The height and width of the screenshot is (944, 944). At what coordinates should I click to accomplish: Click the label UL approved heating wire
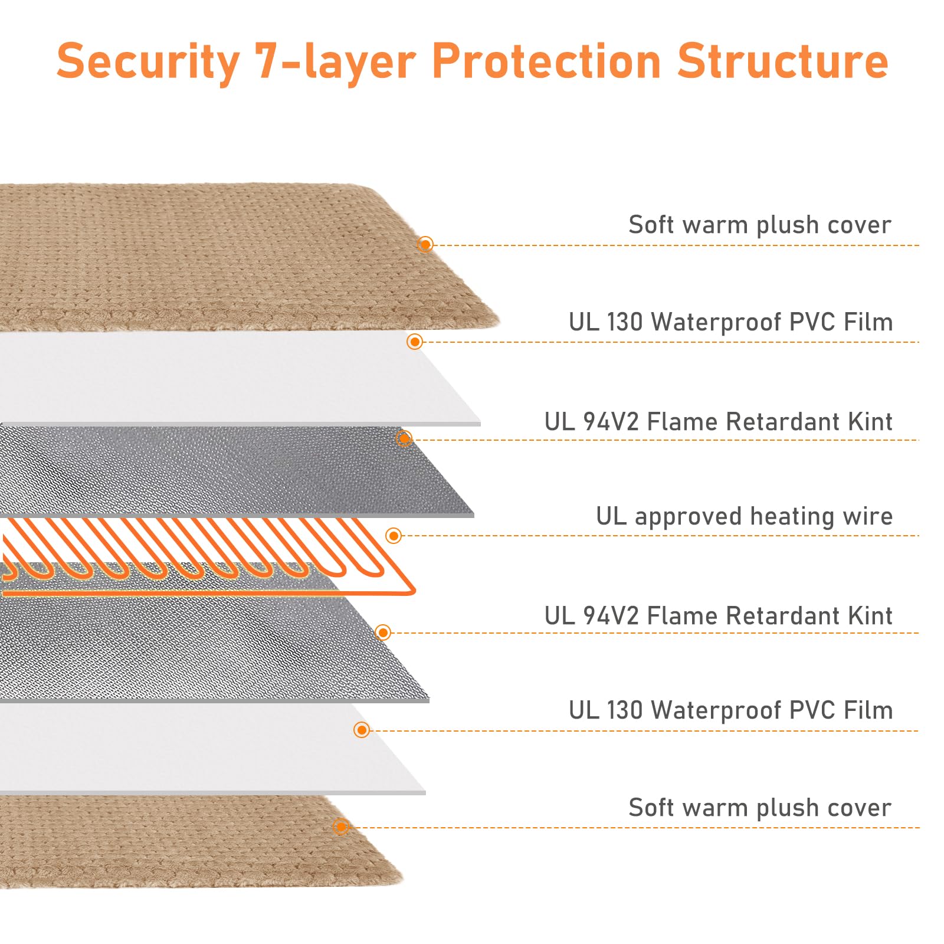click(744, 516)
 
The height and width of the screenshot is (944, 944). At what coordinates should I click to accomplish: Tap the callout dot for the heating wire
click(394, 536)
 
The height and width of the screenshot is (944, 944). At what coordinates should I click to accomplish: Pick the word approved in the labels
click(688, 517)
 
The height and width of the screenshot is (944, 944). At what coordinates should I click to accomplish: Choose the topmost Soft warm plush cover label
click(760, 225)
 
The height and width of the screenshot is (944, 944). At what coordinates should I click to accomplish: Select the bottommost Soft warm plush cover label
click(760, 808)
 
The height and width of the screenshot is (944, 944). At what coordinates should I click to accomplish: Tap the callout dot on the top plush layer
click(425, 244)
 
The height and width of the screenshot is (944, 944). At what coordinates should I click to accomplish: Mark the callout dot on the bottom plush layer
click(340, 827)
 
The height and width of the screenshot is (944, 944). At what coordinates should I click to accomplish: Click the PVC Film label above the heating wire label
click(731, 322)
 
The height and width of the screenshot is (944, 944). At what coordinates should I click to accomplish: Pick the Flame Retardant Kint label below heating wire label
click(718, 615)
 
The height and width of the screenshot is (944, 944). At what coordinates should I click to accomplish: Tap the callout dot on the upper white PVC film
click(415, 342)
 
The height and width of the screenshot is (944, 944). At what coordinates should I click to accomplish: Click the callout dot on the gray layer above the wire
click(404, 438)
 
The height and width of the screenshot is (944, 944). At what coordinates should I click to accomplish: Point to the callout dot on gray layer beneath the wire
click(383, 633)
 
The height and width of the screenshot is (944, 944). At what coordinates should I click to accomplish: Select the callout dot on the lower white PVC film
click(362, 730)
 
